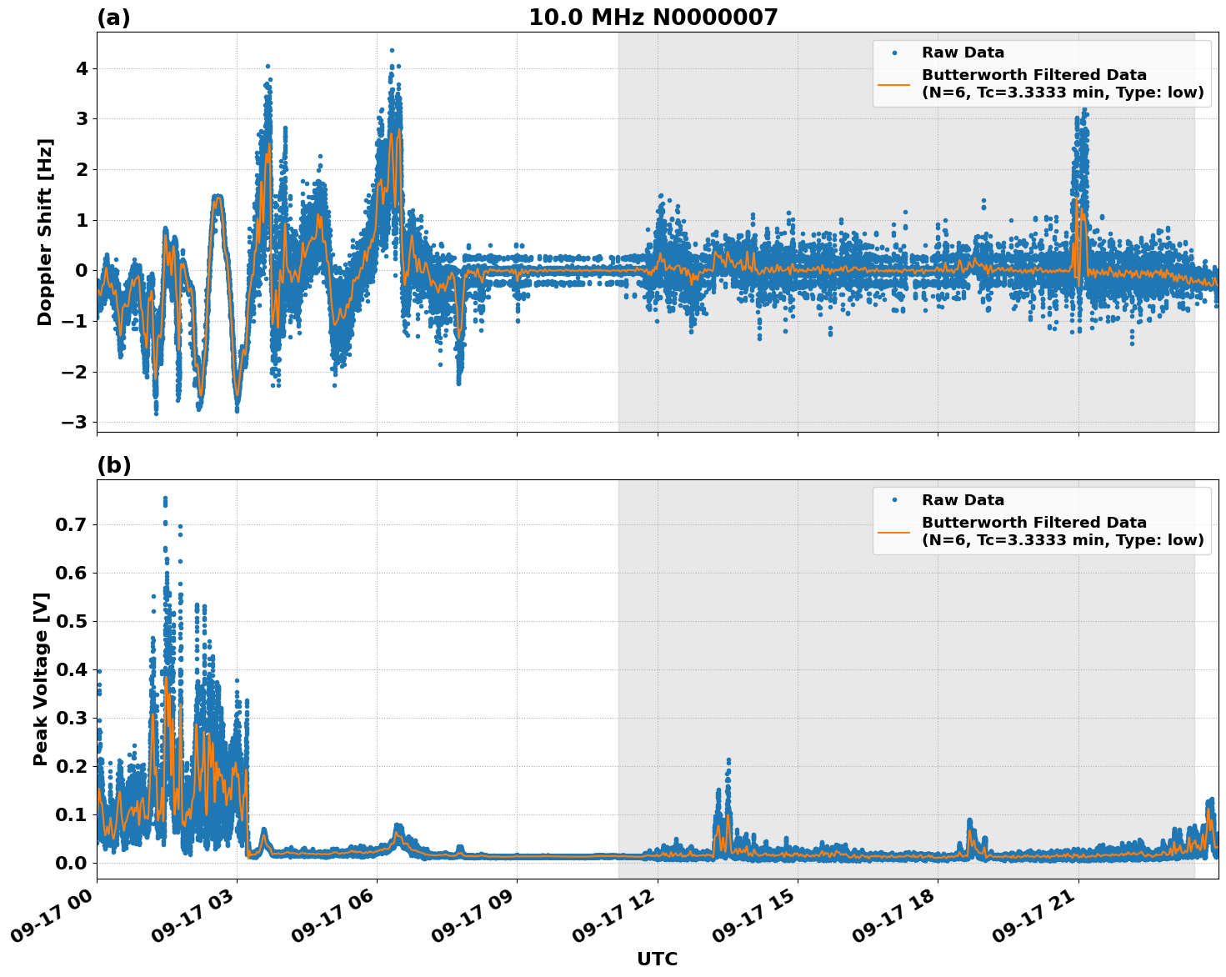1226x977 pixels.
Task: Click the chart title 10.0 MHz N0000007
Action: click(653, 18)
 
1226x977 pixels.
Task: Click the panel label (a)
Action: click(113, 18)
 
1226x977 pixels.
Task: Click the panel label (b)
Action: click(113, 465)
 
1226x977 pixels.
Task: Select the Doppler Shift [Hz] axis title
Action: click(45, 232)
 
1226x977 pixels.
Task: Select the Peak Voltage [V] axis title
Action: click(41, 679)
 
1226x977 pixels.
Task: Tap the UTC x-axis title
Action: click(657, 959)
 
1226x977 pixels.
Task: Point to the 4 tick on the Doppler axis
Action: click(82, 68)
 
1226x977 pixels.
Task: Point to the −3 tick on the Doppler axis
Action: click(75, 422)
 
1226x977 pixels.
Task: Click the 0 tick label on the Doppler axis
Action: click(82, 270)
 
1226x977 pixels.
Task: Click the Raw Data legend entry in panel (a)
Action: click(963, 53)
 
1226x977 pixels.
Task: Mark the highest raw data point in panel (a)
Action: click(392, 50)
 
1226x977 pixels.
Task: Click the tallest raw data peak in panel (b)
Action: click(165, 499)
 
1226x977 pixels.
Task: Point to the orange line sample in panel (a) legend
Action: click(893, 84)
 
